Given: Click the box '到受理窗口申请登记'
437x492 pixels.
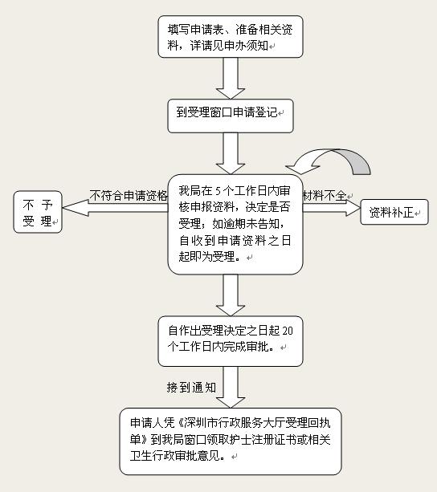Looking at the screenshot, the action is (x=231, y=116).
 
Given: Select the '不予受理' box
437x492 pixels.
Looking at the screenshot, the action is (x=38, y=212).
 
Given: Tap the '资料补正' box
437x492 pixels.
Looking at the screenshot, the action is (x=394, y=212).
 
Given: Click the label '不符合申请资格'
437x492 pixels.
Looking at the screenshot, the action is (x=129, y=196).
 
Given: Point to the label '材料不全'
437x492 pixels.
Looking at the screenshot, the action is (x=325, y=196).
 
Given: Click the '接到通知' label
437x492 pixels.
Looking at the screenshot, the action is (x=191, y=387).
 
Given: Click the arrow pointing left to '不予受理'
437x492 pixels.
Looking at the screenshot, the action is (x=115, y=208).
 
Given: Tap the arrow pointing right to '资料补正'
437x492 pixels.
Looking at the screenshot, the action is (x=332, y=208).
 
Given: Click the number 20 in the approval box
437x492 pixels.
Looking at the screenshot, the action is (x=288, y=331).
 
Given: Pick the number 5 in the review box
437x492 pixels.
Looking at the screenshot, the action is (x=218, y=191).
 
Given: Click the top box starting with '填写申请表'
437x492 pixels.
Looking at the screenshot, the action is (x=231, y=37).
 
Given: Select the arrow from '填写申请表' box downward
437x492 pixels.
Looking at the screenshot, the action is (x=231, y=79).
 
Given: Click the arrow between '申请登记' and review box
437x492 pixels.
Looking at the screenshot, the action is (x=231, y=153).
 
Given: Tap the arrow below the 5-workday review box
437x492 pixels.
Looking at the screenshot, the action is (x=231, y=295).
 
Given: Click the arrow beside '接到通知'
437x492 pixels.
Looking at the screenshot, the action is (x=231, y=387).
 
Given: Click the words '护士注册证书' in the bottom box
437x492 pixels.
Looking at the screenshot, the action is (x=261, y=439).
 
